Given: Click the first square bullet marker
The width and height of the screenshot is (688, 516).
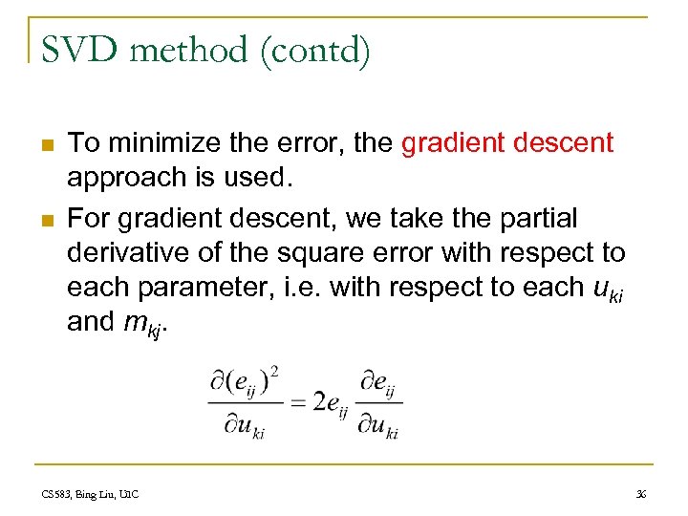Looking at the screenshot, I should coord(46,145).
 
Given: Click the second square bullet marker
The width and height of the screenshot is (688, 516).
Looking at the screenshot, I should coord(46,220).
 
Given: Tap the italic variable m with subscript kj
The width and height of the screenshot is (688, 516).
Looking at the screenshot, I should coord(146,324).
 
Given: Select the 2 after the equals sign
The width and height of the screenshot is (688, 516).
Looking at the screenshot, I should coord(318,402).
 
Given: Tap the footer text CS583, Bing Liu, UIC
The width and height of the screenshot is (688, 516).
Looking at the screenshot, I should coord(92,494).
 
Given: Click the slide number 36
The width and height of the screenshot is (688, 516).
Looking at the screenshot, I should coord(640,494).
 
